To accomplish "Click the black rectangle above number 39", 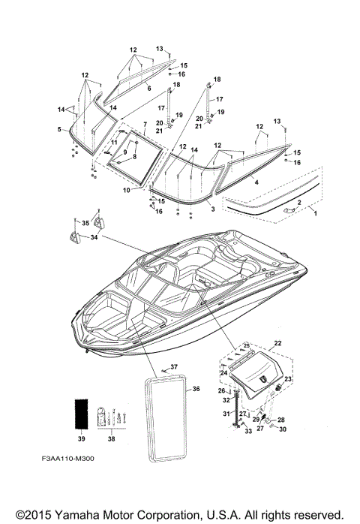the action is coord(81,414).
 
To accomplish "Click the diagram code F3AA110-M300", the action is coord(67,459).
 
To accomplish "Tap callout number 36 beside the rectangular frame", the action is coord(196,389).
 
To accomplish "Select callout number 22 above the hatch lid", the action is coord(277,343).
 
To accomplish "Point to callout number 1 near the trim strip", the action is coord(316,213).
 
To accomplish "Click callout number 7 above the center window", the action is coord(145,125).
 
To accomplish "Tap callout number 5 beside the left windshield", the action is coord(59,129).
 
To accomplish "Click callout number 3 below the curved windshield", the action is coord(213,209).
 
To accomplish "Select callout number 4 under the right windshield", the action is coord(256,182).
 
